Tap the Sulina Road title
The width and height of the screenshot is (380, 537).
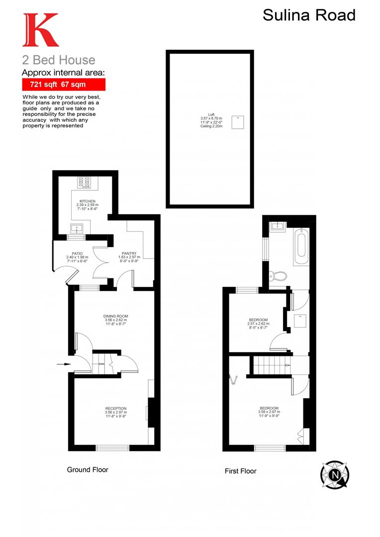(x=309, y=15)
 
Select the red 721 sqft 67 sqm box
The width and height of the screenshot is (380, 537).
(x=63, y=84)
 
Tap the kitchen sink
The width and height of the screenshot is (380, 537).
(x=77, y=228)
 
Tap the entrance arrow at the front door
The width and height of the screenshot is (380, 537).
(x=63, y=364)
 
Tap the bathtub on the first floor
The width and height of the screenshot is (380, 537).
(x=301, y=246)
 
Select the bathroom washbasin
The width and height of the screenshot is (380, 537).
(x=277, y=227)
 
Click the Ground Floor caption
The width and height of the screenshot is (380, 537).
(x=88, y=469)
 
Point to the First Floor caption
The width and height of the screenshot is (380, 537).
(x=241, y=471)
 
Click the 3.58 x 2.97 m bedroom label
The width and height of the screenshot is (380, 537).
(x=269, y=412)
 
